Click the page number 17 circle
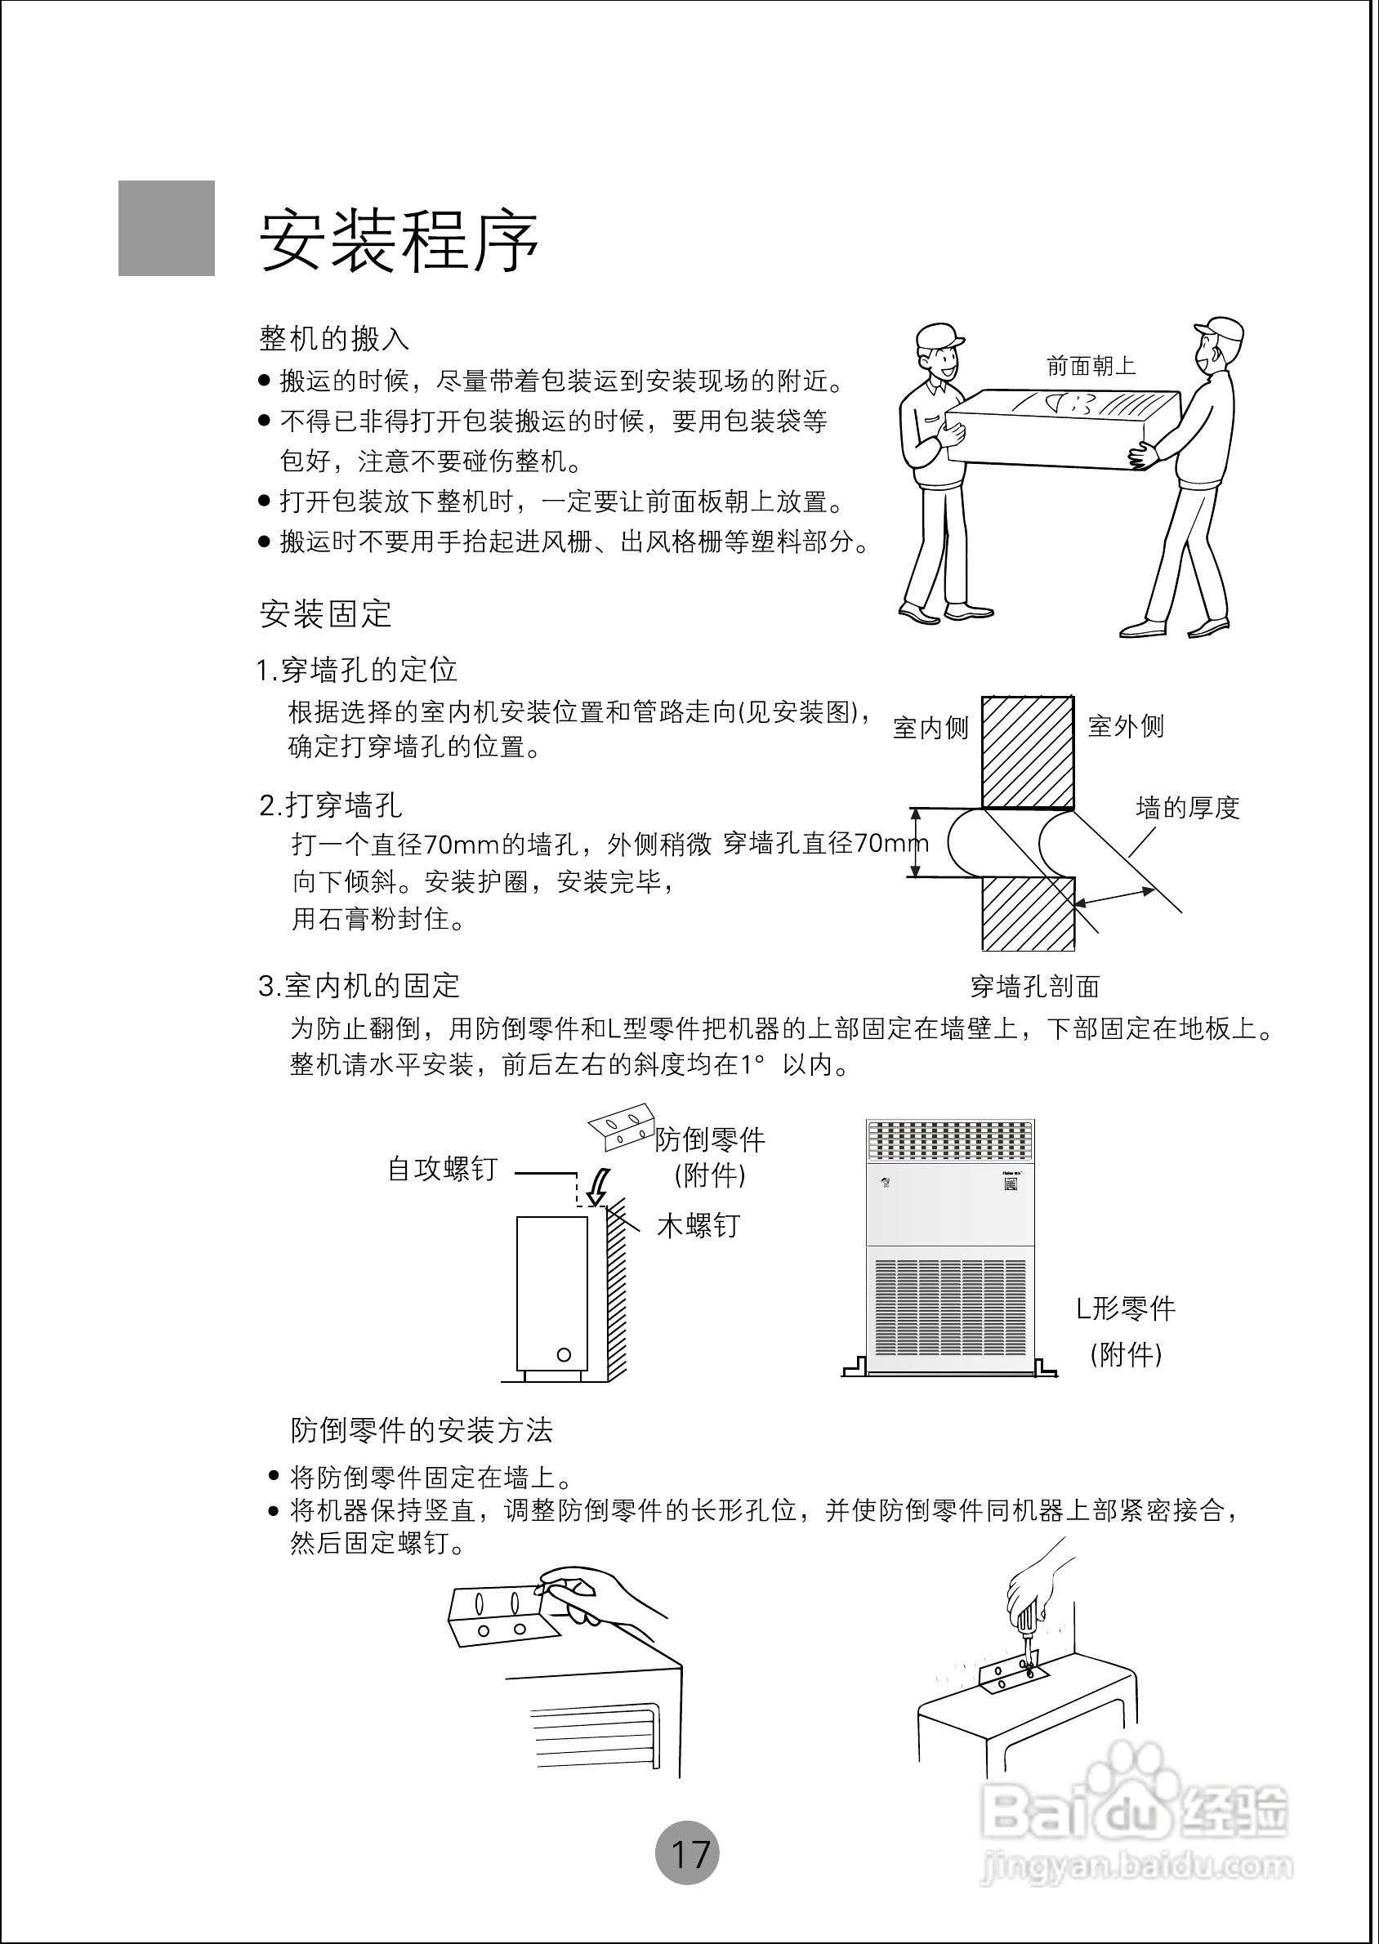(687, 1853)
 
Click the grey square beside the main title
(167, 229)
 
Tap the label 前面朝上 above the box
(1091, 366)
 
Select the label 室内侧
(930, 728)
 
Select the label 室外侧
(1126, 726)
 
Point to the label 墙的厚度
(1188, 807)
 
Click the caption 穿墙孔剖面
(1034, 987)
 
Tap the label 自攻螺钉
(443, 1169)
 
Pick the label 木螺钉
(698, 1226)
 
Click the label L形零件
(1126, 1309)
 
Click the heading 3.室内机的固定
(359, 986)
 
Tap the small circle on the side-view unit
(564, 1354)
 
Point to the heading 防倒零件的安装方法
(422, 1430)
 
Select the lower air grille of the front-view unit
(950, 1308)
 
